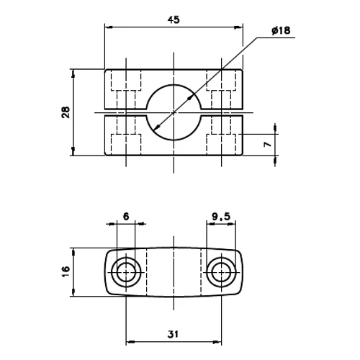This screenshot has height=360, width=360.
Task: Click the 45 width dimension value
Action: (174, 20)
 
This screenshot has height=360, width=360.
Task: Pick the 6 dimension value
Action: (125, 215)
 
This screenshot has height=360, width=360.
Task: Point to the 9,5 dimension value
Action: (220, 215)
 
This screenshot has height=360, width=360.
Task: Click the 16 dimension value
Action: (66, 271)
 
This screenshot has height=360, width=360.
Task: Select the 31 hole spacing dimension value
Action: (174, 333)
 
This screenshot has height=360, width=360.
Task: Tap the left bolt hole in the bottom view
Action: (127, 271)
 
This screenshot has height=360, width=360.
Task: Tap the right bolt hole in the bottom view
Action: (220, 271)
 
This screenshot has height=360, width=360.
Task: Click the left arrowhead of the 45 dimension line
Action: (109, 28)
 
